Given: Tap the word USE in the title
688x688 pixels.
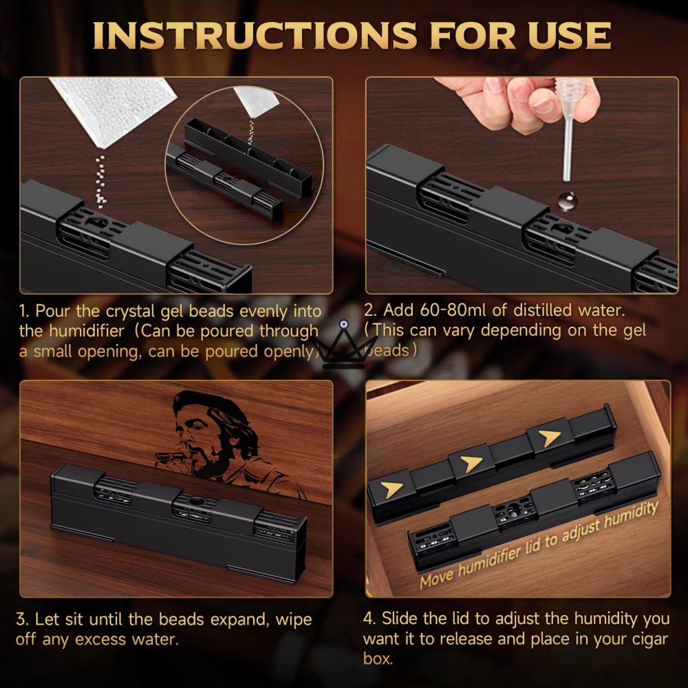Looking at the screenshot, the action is click(569, 35).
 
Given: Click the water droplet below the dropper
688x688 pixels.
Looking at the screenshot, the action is click(567, 201).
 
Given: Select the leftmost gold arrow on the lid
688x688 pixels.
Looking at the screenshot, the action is click(391, 489).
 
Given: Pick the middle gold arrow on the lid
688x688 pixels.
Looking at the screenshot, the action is click(472, 464).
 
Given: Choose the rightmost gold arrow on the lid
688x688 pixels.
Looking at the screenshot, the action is click(550, 438).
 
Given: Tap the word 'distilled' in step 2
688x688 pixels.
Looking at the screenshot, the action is click(543, 310).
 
